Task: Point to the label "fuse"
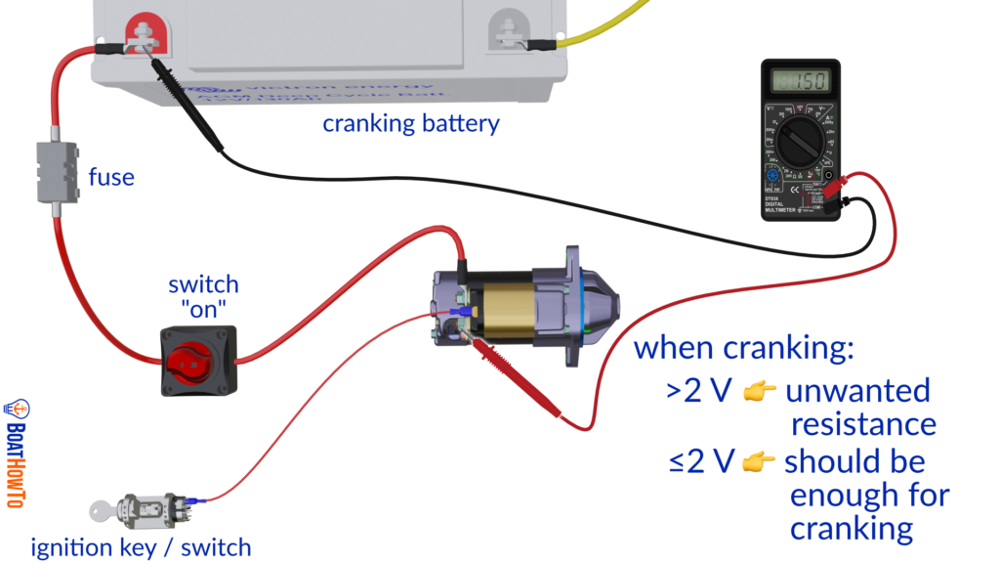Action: click(111, 177)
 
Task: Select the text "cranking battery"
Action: click(411, 124)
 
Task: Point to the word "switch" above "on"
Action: click(202, 284)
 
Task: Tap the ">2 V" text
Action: click(699, 391)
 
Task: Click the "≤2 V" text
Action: click(701, 460)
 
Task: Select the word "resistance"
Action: click(863, 425)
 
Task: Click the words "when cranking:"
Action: click(744, 349)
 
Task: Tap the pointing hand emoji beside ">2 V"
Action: click(759, 392)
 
